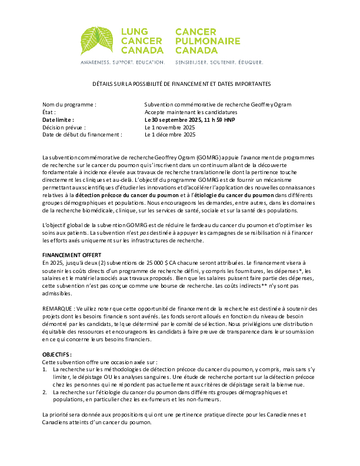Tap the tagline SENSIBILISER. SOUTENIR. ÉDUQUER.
219,61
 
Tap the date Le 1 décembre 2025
170,134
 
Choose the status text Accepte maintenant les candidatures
191,112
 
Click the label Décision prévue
64,127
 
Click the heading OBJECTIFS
57,355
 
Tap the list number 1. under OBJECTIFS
45,370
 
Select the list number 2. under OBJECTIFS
45,392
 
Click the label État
49,112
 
